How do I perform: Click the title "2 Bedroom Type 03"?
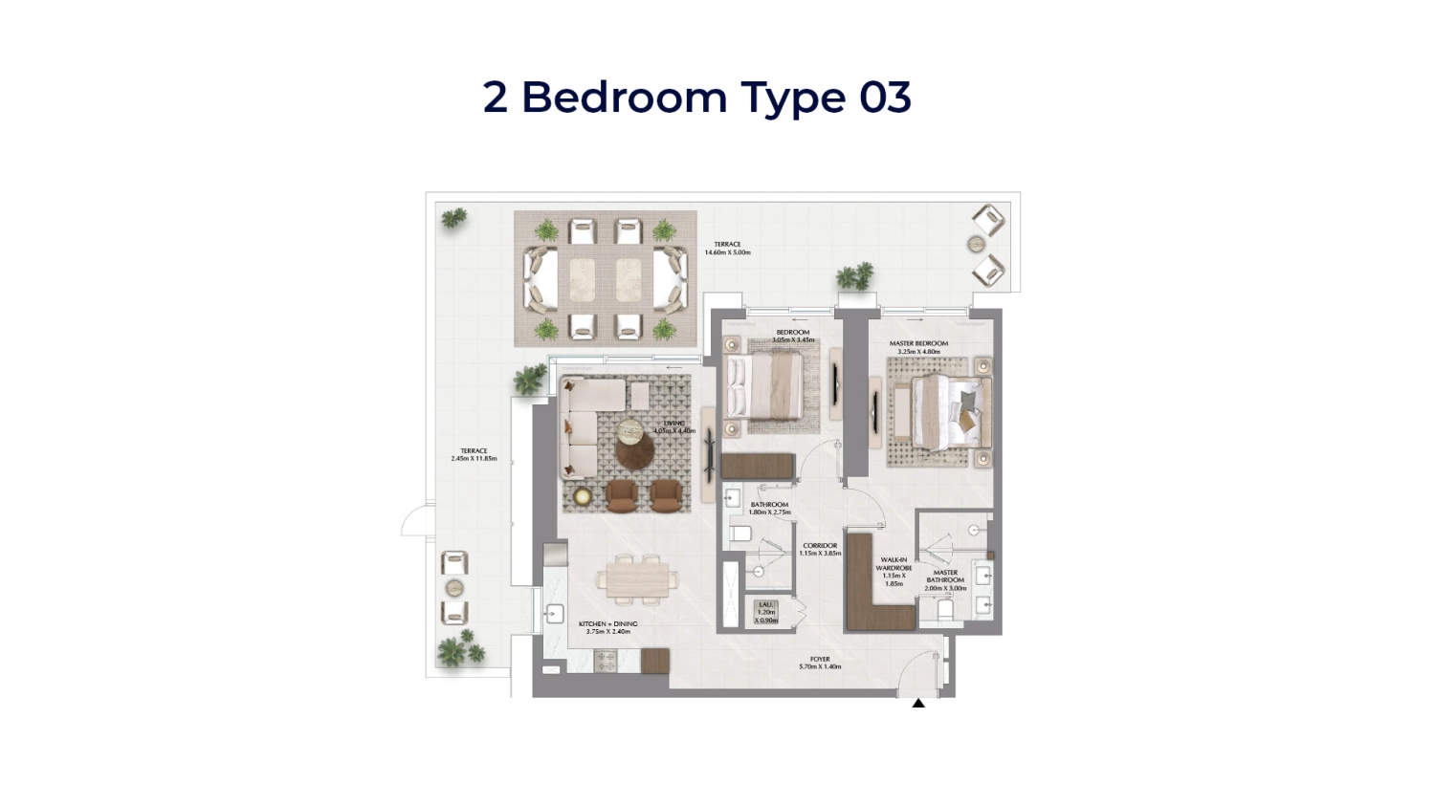point(696,98)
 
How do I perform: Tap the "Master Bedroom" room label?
point(918,347)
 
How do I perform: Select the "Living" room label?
point(674,426)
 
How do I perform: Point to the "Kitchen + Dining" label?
point(607,627)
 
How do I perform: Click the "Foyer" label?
point(820,663)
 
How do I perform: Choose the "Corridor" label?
point(820,549)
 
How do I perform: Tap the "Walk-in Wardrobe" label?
point(894,571)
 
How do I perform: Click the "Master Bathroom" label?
point(945,579)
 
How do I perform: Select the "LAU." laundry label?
point(766,612)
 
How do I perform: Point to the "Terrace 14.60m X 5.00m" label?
point(727,249)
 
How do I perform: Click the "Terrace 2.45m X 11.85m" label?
point(474,454)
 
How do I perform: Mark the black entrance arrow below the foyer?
point(918,703)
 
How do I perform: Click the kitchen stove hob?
point(605,659)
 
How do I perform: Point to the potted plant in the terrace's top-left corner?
point(454,218)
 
